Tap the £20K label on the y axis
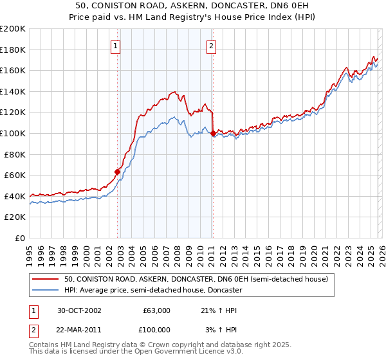click(15, 217)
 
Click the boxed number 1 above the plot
click(115, 45)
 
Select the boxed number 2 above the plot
click(211, 45)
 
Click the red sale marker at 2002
click(118, 172)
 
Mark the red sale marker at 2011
click(213, 133)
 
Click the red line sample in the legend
click(45, 279)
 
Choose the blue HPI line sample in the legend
click(45, 290)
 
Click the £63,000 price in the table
click(156, 310)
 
